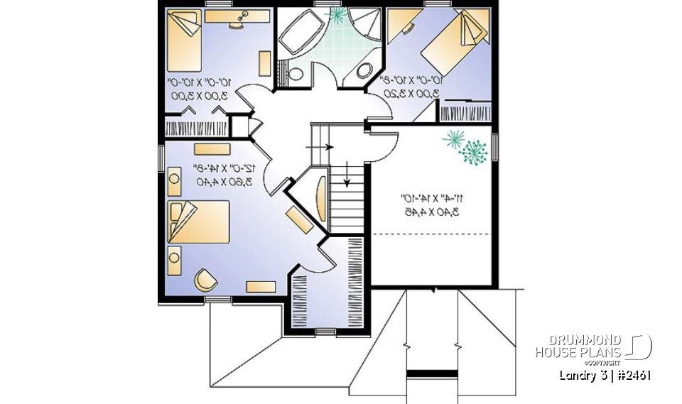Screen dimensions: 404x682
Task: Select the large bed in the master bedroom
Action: point(198,222)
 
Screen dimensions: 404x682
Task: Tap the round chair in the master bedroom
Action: point(205,280)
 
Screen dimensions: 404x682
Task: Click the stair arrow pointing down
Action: point(347,174)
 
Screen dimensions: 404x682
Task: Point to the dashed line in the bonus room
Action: point(433,234)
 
